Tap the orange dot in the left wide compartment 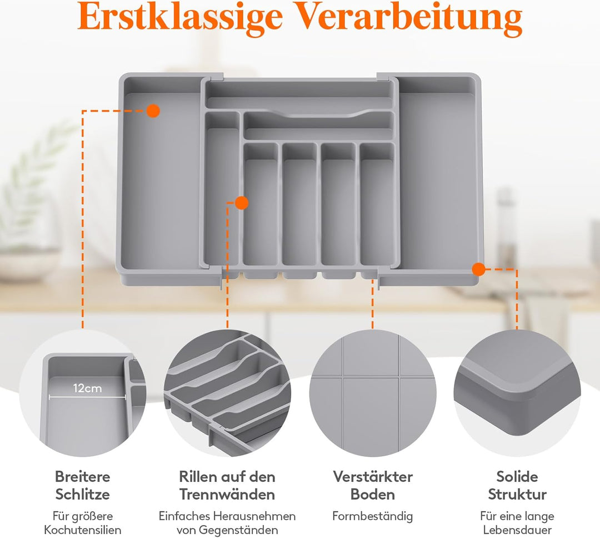coord(153,111)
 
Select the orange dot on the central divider coord(242,203)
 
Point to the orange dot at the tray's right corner coord(478,269)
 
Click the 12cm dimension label coord(88,388)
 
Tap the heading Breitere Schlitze coord(83,486)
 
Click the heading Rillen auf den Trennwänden coord(227,486)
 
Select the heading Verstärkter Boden coord(373,486)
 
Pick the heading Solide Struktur coord(517,486)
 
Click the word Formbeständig coord(373,516)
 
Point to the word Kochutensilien coord(83,530)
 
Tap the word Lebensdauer coord(517,530)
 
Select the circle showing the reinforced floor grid coord(373,393)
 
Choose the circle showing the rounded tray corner coord(517,393)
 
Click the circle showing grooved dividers coord(227,393)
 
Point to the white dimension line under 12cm coord(88,397)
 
